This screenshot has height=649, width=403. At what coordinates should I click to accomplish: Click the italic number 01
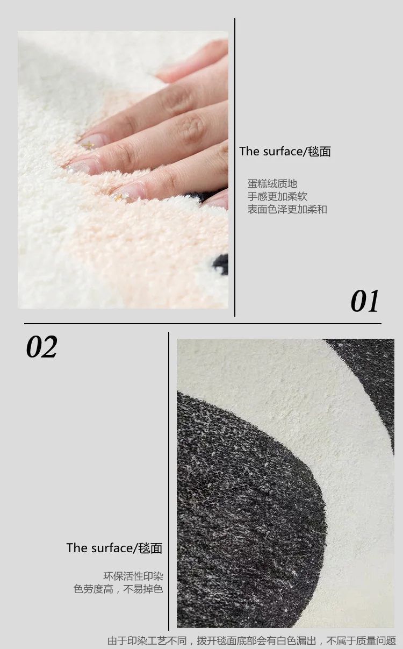click(x=364, y=301)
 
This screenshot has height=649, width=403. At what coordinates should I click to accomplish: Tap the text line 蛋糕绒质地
click(x=272, y=184)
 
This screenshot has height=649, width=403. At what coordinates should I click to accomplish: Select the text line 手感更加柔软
click(x=277, y=196)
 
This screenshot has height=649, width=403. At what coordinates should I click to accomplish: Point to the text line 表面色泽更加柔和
click(x=287, y=209)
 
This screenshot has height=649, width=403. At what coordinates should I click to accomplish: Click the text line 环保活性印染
click(x=133, y=576)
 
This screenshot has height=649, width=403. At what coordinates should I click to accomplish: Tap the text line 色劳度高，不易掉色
click(x=118, y=589)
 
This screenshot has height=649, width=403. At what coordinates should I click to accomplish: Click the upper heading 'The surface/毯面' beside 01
click(x=285, y=151)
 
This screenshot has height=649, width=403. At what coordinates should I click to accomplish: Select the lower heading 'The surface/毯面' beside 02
click(x=114, y=548)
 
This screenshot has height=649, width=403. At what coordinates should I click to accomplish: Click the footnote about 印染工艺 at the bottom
click(x=251, y=640)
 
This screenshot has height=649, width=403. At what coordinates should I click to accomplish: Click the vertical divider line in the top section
click(x=235, y=167)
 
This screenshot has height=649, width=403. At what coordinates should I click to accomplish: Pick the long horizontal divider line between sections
click(x=203, y=323)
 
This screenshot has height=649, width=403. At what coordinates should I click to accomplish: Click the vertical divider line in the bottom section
click(x=169, y=481)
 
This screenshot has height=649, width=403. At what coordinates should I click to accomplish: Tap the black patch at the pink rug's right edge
click(x=221, y=264)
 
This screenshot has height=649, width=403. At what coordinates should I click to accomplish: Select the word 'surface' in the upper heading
click(x=283, y=151)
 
